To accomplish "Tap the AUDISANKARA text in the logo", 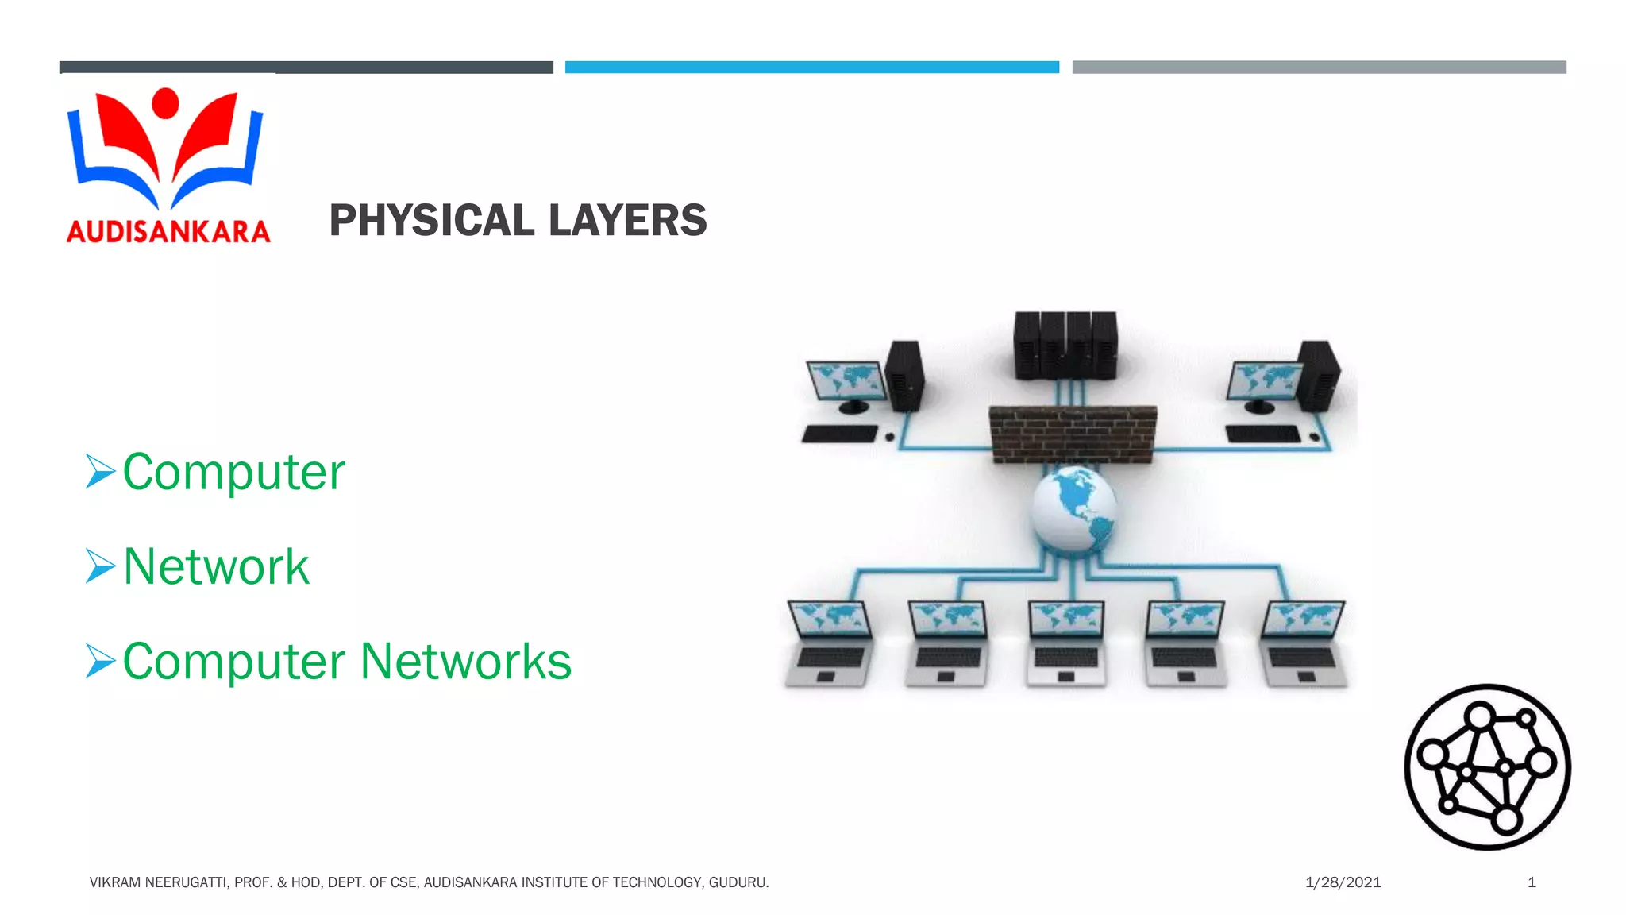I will (168, 231).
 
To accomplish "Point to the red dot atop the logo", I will (165, 102).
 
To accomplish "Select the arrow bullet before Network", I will (101, 566).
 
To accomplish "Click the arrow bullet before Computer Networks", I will (101, 661).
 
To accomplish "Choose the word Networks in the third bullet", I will (466, 661).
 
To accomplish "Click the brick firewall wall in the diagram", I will (1072, 434).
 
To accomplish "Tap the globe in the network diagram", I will (1073, 508).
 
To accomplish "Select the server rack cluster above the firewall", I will (1065, 345).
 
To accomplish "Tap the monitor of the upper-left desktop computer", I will (846, 380).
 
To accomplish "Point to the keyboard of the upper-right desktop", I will (1262, 434).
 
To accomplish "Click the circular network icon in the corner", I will (1487, 767).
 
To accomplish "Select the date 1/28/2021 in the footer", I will (1343, 882).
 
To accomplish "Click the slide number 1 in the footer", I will (1532, 882).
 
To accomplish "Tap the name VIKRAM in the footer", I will (115, 882).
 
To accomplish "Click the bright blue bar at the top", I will (811, 68).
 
